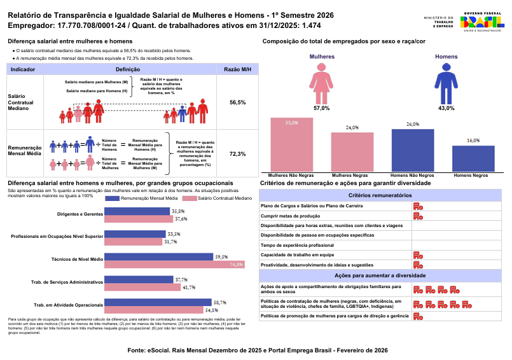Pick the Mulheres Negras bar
(x=352, y=151)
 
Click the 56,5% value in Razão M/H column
(x=237, y=102)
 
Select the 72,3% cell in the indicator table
(x=237, y=154)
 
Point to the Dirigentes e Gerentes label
(x=79, y=214)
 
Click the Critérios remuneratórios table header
(x=380, y=195)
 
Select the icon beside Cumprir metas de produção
(x=417, y=216)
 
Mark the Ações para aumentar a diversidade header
(x=380, y=275)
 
